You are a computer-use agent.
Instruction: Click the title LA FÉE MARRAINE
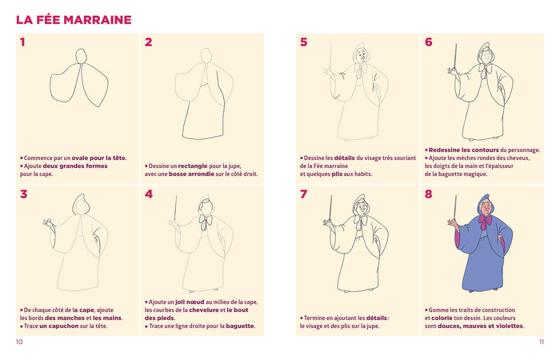pos(74,19)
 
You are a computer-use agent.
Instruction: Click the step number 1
pos(23,42)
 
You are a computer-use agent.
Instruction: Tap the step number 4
pos(149,194)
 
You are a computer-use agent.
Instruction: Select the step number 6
pos(429,42)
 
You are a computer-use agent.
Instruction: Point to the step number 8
pos(429,194)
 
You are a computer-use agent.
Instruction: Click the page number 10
pos(19,342)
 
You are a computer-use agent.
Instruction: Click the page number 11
pos(540,342)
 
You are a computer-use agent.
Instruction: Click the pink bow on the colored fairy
pos(485,220)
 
